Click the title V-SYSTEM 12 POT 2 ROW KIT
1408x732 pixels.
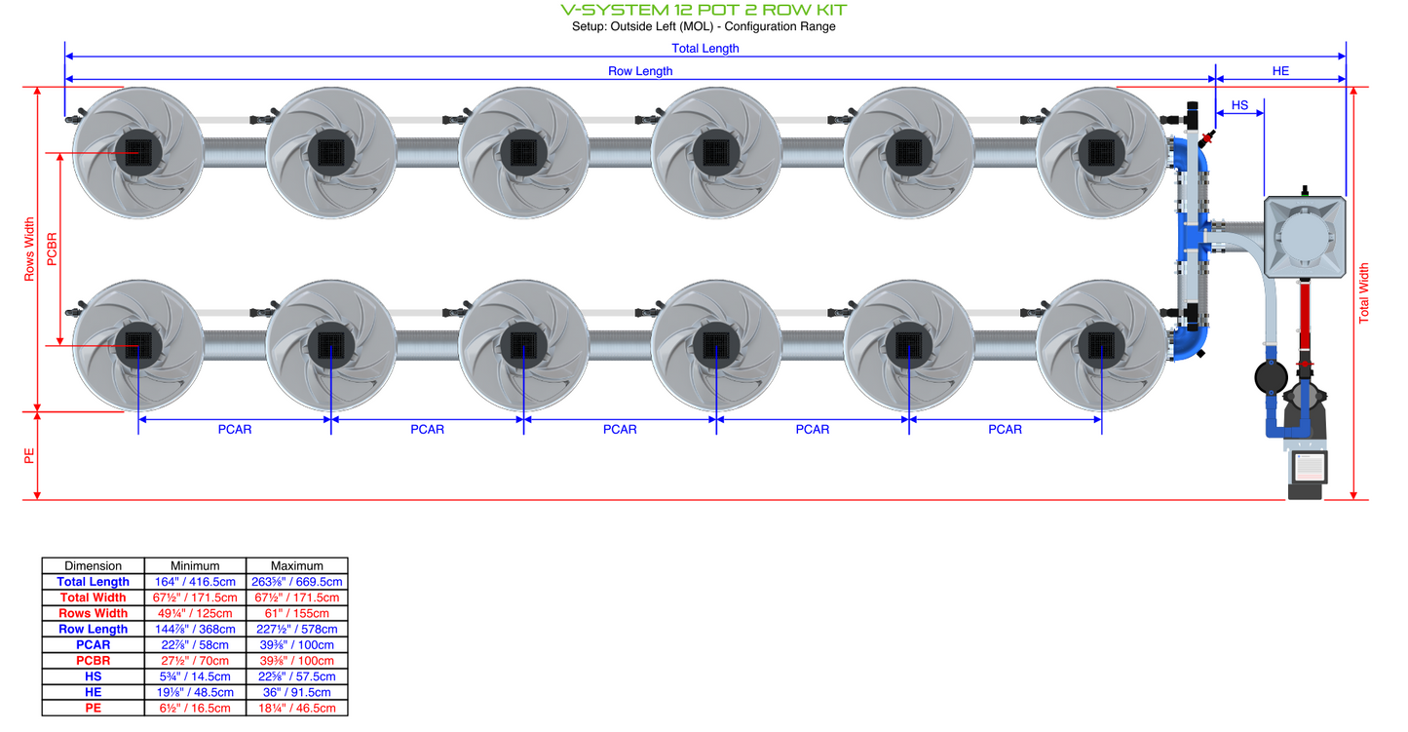(704, 10)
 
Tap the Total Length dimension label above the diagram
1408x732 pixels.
(704, 48)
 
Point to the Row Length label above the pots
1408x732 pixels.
(640, 71)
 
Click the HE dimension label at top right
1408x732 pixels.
(1280, 71)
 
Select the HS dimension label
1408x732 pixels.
(1239, 105)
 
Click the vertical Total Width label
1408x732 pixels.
(1364, 292)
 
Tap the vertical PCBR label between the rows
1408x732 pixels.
(52, 249)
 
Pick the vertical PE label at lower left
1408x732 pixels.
(29, 455)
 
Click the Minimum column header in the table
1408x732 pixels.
(195, 565)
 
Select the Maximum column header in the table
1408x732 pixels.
(296, 565)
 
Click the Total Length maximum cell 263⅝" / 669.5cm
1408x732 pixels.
(296, 582)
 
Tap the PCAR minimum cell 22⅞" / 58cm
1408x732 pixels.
(195, 644)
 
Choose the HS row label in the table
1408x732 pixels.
(93, 676)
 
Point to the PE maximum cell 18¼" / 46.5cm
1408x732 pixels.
(296, 708)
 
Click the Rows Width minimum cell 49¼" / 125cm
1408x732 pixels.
(195, 613)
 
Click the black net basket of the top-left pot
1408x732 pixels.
(137, 152)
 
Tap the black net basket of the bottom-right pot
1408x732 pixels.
(1101, 345)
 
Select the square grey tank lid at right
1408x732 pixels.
(1305, 234)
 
